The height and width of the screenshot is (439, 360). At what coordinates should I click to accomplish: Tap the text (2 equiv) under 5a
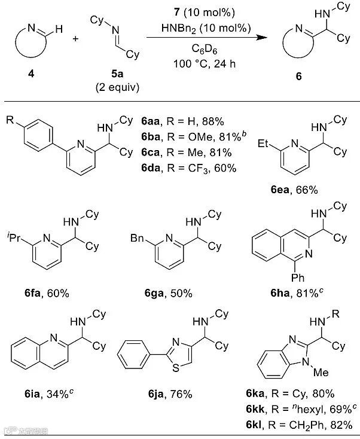coord(117,88)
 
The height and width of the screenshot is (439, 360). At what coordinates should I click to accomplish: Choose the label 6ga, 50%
coord(168,293)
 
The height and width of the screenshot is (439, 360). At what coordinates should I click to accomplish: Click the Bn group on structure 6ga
coord(137,239)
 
